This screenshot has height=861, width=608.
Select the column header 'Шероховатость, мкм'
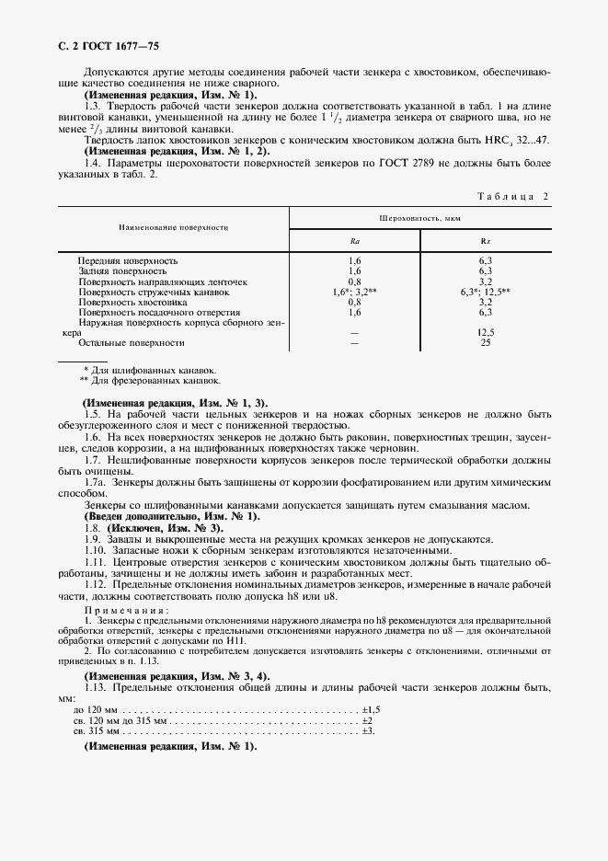point(419,218)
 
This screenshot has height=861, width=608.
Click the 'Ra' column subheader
point(355,241)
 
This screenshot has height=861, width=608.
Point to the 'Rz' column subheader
point(486,241)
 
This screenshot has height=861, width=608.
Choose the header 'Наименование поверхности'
point(173,226)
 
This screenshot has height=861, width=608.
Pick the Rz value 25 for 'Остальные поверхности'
point(486,342)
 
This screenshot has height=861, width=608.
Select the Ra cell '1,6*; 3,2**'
point(355,292)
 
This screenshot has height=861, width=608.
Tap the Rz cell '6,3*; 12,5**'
point(486,292)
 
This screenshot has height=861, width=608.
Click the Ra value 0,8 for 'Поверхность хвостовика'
point(355,302)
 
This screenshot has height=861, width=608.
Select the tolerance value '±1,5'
point(371,710)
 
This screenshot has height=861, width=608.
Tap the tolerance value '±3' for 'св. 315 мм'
point(367,730)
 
